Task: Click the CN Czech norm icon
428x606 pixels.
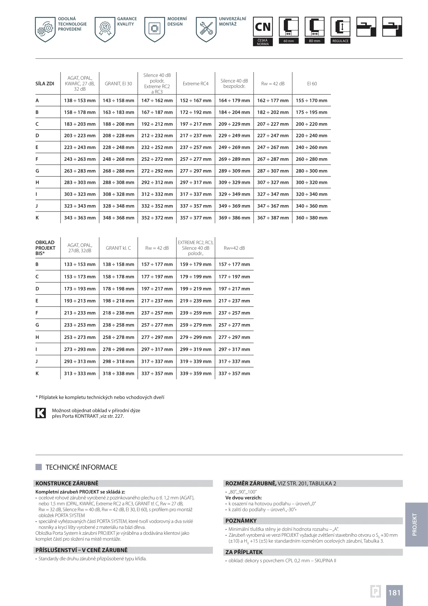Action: point(263,27)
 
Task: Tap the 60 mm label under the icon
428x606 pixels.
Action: point(288,41)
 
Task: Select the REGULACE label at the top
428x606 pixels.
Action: point(340,41)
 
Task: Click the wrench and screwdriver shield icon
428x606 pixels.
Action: point(206,29)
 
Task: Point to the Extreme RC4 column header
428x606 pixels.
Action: point(195,84)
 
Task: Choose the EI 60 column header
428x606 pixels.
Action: point(312,84)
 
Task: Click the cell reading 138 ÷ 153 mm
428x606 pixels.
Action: point(80,100)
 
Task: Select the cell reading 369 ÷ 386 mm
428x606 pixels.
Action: point(234,218)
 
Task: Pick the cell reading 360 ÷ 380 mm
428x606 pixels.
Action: point(311,218)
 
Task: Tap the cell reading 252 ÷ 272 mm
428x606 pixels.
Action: point(157,159)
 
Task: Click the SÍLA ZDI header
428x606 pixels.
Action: point(45,84)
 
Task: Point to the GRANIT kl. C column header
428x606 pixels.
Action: point(118,248)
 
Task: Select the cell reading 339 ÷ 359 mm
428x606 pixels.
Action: point(195,373)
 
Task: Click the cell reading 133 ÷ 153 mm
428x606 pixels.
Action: point(80,264)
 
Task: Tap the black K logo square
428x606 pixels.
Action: point(41,413)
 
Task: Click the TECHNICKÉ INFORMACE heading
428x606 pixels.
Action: point(81,467)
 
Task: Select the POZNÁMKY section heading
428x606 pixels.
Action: point(241,521)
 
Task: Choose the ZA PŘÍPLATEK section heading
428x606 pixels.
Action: point(244,552)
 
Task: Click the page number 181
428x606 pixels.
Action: point(394,593)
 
